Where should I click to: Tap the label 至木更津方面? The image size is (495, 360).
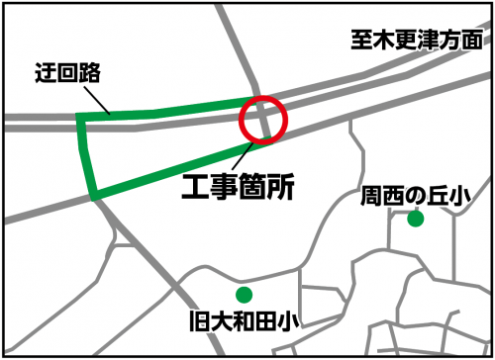pyautogui.click(x=416, y=41)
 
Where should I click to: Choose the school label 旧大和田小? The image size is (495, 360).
pyautogui.click(x=244, y=320)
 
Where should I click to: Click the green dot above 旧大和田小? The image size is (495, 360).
pyautogui.click(x=244, y=294)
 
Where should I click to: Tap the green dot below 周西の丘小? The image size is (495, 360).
pyautogui.click(x=415, y=219)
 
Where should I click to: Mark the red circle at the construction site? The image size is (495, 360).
pyautogui.click(x=263, y=119)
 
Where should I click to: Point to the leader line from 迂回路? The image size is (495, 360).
pyautogui.click(x=95, y=98)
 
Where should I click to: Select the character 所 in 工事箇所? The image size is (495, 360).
pyautogui.click(x=280, y=185)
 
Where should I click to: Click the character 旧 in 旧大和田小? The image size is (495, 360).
pyautogui.click(x=197, y=320)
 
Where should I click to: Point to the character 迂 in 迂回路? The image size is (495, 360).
pyautogui.click(x=42, y=71)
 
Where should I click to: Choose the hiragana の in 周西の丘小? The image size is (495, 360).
pyautogui.click(x=415, y=197)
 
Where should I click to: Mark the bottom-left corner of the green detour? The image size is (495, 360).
pyautogui.click(x=94, y=196)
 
